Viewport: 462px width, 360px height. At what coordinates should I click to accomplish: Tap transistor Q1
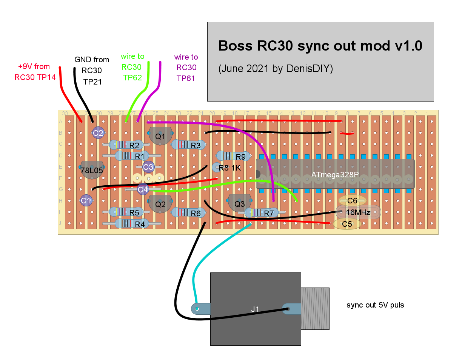[160, 136]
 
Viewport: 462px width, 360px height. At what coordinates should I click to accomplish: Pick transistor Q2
[160, 205]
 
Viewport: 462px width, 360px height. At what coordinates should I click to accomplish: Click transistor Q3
[240, 204]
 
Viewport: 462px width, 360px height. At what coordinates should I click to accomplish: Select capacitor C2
[98, 133]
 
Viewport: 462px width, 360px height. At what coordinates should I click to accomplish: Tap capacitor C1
[86, 201]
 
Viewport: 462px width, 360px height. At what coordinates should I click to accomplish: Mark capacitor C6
[352, 201]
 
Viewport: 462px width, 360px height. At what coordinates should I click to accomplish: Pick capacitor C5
[346, 224]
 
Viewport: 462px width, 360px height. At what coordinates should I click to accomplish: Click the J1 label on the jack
[255, 309]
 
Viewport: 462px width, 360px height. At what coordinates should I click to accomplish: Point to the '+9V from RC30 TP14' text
[34, 72]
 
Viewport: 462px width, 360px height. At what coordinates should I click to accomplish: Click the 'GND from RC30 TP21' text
[92, 71]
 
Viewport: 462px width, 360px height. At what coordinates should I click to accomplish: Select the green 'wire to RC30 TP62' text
[132, 67]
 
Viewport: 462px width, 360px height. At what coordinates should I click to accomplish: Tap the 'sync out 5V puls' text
[375, 305]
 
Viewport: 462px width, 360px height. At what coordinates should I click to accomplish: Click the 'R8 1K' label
[229, 168]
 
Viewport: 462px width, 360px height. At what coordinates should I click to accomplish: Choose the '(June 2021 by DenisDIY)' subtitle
[276, 69]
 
